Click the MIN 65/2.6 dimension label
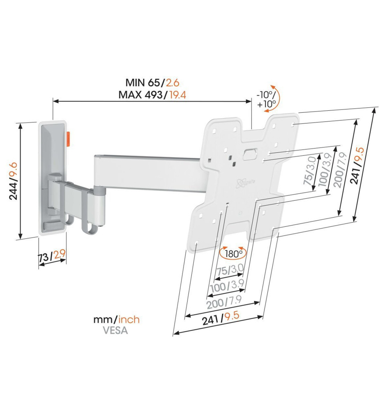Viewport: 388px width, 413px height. pyautogui.click(x=152, y=83)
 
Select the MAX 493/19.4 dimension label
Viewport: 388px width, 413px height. pyautogui.click(x=152, y=95)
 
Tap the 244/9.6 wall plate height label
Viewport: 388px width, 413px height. pyautogui.click(x=13, y=181)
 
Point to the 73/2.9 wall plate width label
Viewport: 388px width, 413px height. pyautogui.click(x=52, y=256)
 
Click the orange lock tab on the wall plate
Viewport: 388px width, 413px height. pyautogui.click(x=69, y=139)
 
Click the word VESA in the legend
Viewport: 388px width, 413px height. pyautogui.click(x=115, y=330)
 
